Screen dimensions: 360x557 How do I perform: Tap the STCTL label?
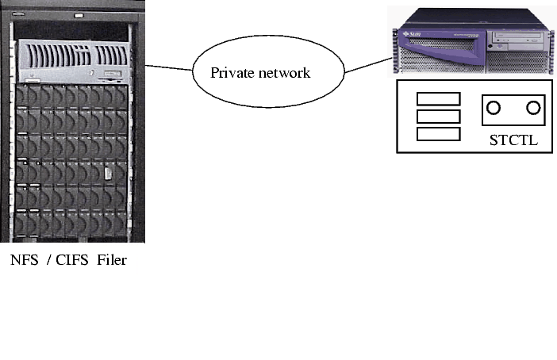click(513, 142)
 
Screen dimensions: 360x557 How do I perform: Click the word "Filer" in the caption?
click(112, 260)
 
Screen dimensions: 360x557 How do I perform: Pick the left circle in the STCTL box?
click(494, 107)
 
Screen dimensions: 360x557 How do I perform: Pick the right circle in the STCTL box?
click(533, 107)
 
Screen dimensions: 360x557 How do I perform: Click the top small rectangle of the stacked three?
click(438, 98)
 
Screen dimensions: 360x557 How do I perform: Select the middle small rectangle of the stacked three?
click(438, 116)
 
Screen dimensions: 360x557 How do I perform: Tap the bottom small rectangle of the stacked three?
click(438, 133)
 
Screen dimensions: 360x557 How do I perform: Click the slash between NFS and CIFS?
click(50, 260)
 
